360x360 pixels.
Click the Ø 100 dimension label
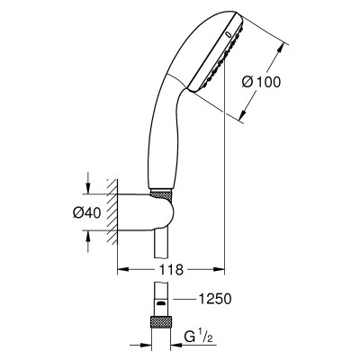(x=261, y=82)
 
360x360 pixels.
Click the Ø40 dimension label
(x=86, y=212)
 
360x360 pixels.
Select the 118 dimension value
(x=171, y=270)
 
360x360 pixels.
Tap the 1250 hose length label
(x=215, y=299)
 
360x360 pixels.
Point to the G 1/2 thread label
(x=199, y=337)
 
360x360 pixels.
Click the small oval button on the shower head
(x=229, y=34)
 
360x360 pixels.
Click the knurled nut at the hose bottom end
(x=161, y=322)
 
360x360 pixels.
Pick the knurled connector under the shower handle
(x=161, y=195)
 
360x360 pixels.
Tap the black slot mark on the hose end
(x=161, y=303)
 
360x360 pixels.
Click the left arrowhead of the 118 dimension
(x=122, y=269)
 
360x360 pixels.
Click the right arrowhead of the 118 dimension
(x=219, y=269)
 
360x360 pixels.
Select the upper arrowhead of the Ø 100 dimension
(x=281, y=49)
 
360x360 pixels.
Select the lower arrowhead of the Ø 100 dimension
(x=243, y=114)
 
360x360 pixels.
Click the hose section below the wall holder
(x=161, y=244)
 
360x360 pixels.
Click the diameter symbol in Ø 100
(x=247, y=82)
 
